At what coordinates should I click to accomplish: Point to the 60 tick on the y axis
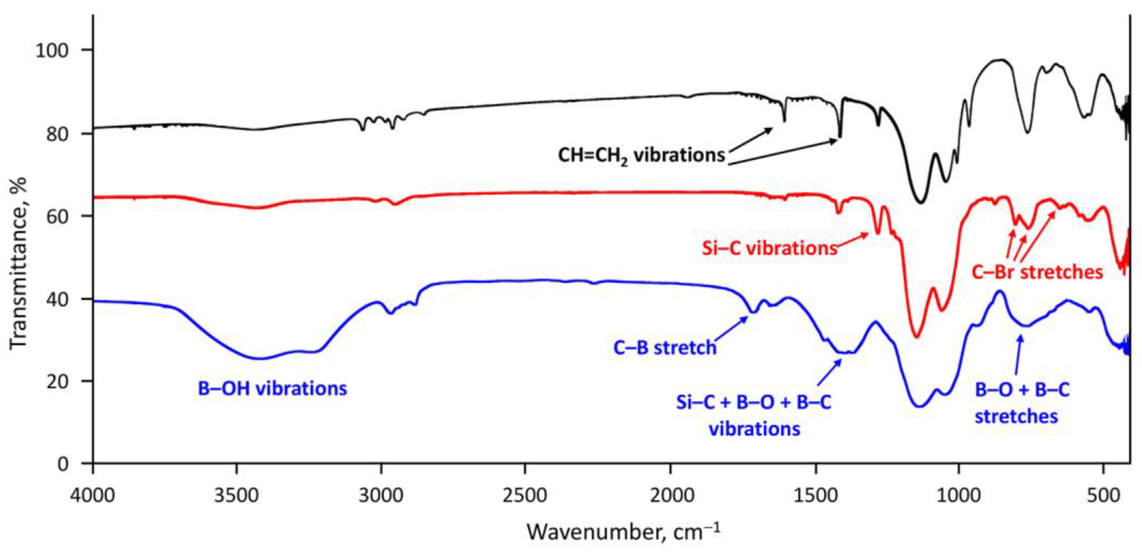(58, 216)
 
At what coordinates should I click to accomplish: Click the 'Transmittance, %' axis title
(18, 264)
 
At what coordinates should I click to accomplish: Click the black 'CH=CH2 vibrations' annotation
(641, 156)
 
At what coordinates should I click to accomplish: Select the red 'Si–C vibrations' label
(769, 248)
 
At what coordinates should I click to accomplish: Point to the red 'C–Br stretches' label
(1037, 272)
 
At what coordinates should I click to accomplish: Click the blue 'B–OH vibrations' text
(272, 389)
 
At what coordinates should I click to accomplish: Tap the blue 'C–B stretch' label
(664, 347)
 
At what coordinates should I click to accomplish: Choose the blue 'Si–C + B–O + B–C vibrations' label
(754, 415)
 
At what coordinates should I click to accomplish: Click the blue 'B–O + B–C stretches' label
(1022, 403)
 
